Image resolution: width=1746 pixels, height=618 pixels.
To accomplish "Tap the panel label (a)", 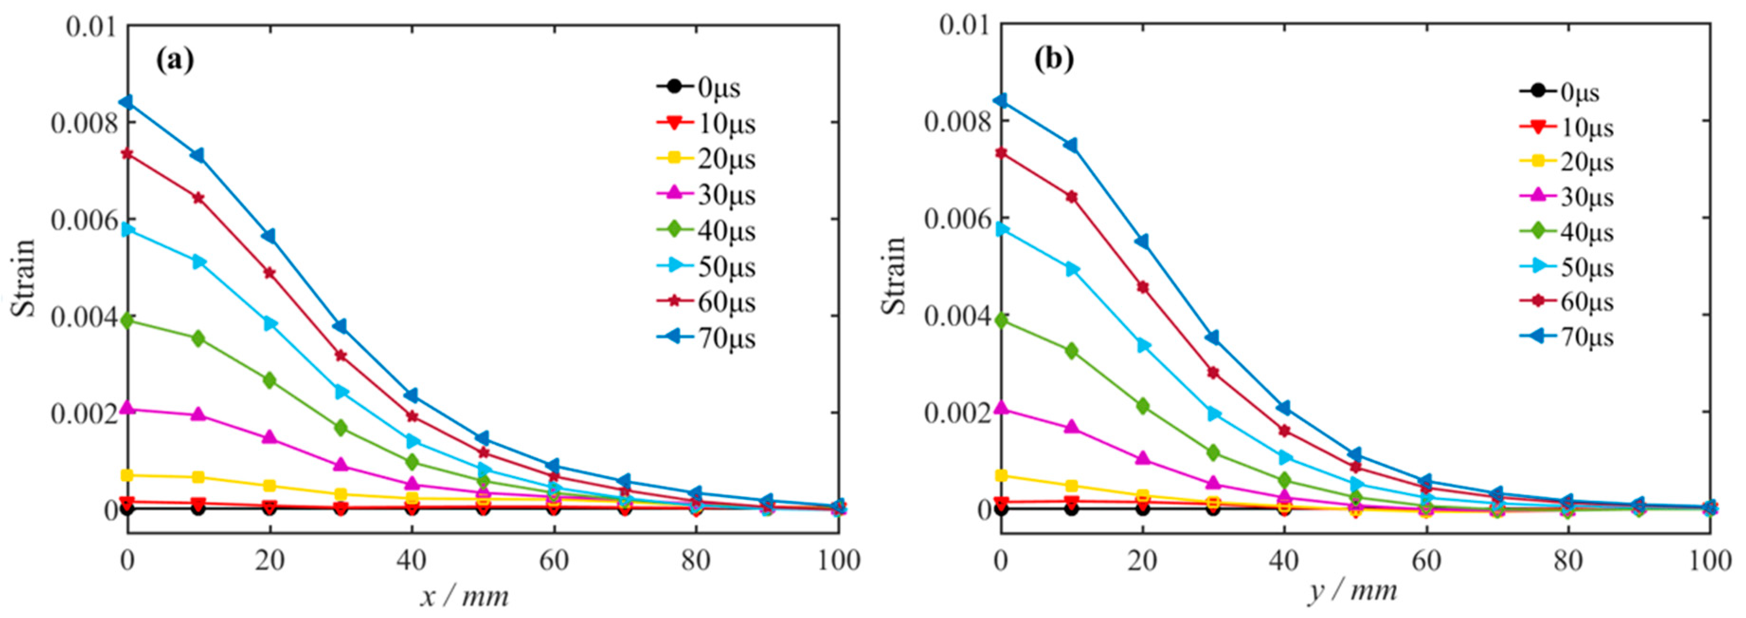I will (x=175, y=60).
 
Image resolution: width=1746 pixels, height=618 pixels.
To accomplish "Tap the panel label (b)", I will (x=1053, y=60).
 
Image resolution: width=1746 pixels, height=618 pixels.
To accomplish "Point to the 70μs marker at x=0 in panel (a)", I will (x=127, y=102).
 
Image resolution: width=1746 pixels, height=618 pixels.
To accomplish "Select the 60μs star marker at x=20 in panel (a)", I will (x=269, y=273).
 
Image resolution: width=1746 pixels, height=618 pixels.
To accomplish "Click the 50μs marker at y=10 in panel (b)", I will (x=1071, y=269).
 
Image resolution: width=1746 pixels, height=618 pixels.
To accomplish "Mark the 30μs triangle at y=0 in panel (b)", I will (x=1001, y=408).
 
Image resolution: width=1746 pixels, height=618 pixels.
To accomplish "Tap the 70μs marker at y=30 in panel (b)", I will (x=1213, y=338).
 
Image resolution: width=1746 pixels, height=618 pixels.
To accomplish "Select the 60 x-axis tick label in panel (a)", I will (x=553, y=560).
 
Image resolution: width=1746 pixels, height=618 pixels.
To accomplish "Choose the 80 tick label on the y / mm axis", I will (x=1568, y=560).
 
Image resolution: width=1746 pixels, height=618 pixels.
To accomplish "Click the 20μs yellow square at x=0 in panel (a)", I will (x=127, y=475).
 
